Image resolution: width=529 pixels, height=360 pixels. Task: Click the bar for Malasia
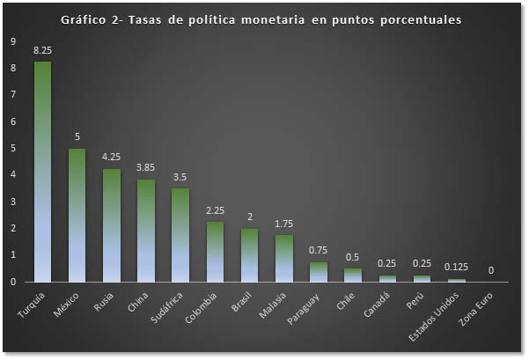pyautogui.click(x=283, y=259)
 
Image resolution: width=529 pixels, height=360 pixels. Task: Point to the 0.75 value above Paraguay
pyautogui.click(x=318, y=251)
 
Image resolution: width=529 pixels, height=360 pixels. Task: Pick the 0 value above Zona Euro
pyautogui.click(x=490, y=271)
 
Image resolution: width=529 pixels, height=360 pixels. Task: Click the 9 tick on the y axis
pyautogui.click(x=12, y=41)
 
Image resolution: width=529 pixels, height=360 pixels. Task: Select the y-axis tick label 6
pyautogui.click(x=12, y=121)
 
